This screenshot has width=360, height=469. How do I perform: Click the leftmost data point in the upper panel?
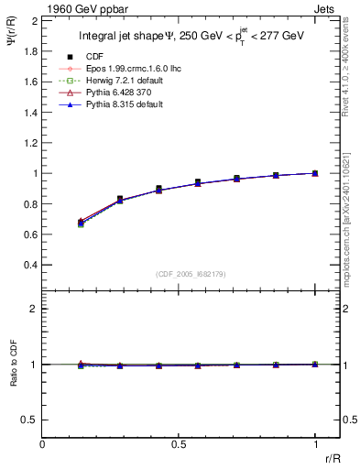81,223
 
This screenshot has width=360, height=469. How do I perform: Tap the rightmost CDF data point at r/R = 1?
315,173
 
